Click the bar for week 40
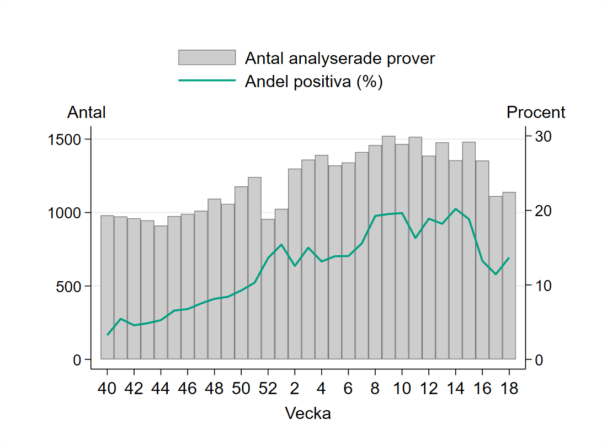[107, 287]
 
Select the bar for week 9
[388, 248]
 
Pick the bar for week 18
[509, 276]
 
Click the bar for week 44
[161, 292]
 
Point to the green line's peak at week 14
[455, 209]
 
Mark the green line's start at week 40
[108, 335]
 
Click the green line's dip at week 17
[496, 274]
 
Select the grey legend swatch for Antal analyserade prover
[206, 57]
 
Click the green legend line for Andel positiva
[206, 81]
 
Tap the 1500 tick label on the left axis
[65, 139]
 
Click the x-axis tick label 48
[214, 389]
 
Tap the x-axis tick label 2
[295, 389]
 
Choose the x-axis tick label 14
[455, 389]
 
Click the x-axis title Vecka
[308, 413]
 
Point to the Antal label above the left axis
[87, 112]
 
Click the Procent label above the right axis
[536, 112]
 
